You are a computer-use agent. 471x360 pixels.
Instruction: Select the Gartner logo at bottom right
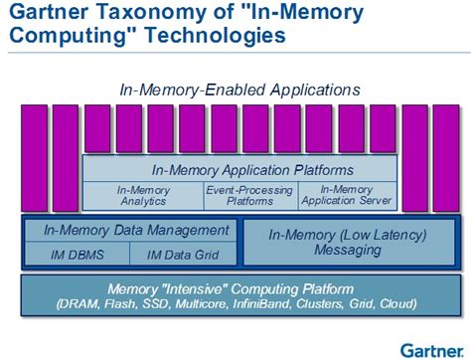433,347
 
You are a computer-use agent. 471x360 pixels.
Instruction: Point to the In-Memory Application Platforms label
239,169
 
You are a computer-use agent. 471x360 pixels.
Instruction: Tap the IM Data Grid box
182,255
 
